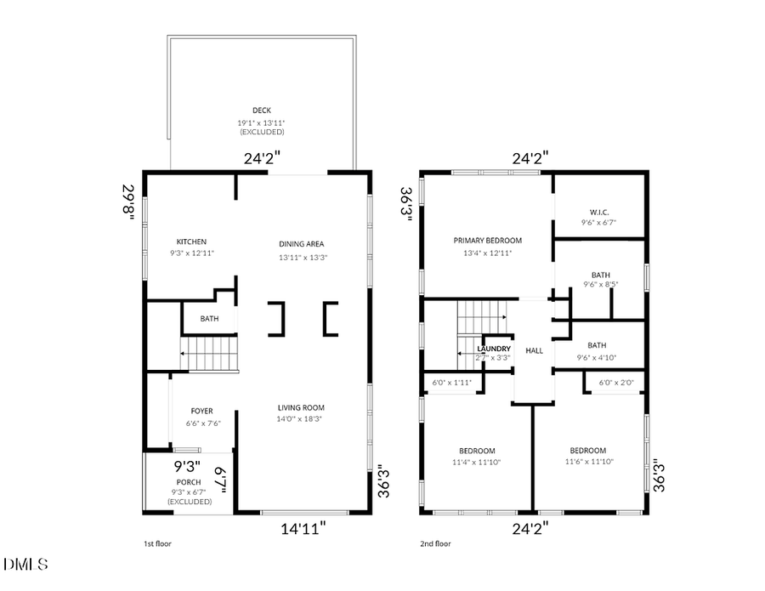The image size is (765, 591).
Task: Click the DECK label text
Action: pos(262,111)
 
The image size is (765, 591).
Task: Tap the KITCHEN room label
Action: pos(191,242)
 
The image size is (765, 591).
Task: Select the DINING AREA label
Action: pos(302,244)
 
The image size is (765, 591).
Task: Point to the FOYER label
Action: pos(201,412)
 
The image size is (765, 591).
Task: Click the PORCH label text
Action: pos(189,482)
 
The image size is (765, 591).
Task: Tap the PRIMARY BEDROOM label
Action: pos(487,241)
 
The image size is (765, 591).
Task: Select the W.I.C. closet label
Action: pos(599,212)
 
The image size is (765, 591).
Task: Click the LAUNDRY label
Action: pos(494,349)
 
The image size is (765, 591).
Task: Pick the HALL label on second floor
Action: pos(535,350)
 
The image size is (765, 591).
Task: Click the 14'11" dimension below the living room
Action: pos(303,528)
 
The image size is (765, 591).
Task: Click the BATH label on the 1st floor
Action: pos(209,319)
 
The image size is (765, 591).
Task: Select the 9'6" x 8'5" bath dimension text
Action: pos(601,285)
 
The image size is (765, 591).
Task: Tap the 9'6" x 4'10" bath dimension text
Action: pos(597,357)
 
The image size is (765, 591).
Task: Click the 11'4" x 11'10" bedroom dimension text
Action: pos(477,462)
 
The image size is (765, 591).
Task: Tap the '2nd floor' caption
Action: pos(435,543)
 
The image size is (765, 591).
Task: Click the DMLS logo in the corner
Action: pos(26,565)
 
